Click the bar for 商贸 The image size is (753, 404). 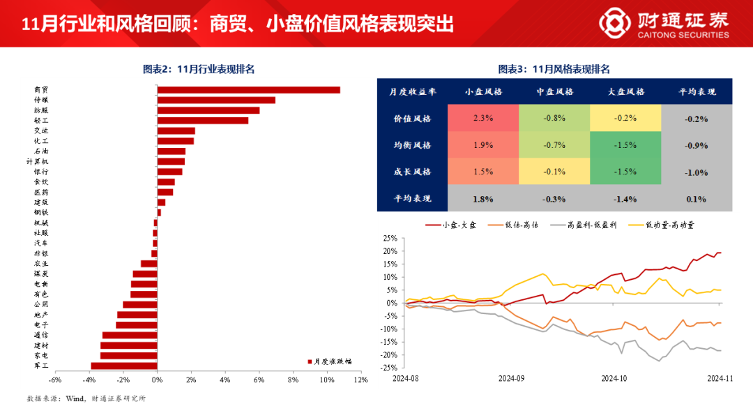tap(248, 89)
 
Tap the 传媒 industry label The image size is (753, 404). tap(42, 100)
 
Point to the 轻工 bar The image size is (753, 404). tap(202, 120)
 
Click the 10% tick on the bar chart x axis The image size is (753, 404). tap(326, 380)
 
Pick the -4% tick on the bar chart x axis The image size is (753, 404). tap(89, 380)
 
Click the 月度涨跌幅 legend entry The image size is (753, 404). tap(330, 361)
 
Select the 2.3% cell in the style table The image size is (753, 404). tap(482, 118)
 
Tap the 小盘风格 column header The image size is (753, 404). tap(482, 91)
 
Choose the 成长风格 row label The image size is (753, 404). tap(412, 172)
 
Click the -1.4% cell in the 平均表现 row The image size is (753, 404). tap(625, 199)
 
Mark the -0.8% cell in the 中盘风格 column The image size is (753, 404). tap(554, 118)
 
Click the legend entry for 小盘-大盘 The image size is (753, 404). tap(446, 225)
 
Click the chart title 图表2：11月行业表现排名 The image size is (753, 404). tap(198, 68)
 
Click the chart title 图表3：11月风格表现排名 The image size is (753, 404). tap(554, 68)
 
